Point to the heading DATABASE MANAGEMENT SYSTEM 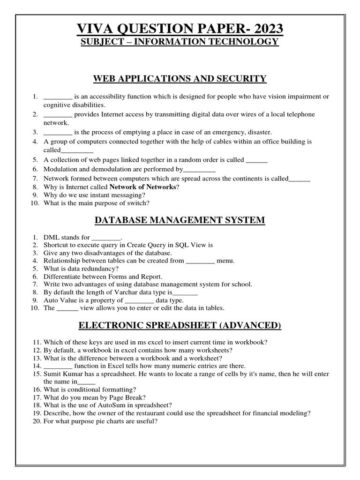click(180, 220)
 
